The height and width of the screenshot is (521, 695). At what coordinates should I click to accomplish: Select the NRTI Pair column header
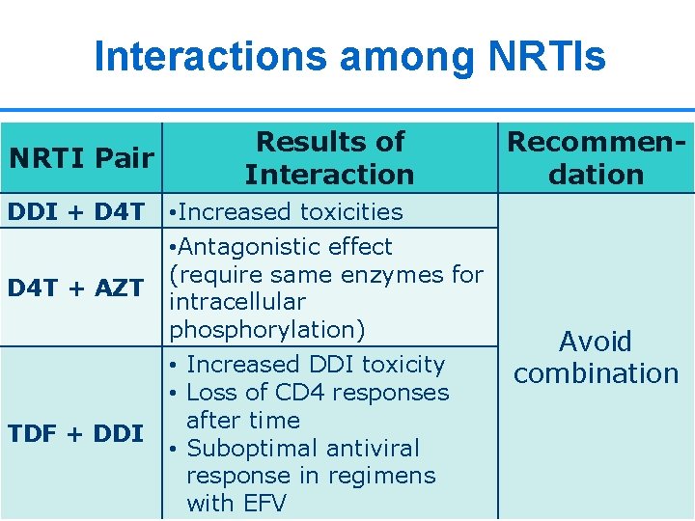[81, 157]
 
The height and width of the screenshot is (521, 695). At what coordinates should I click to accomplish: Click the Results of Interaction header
[329, 157]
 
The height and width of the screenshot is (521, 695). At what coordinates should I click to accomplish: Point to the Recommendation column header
[597, 157]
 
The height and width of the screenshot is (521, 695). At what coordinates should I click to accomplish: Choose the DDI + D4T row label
[76, 211]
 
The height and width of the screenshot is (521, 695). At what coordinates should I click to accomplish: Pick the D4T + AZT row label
[76, 288]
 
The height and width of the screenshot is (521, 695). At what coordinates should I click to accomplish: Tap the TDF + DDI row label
[76, 433]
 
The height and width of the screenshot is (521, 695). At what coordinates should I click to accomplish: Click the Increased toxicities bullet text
[286, 211]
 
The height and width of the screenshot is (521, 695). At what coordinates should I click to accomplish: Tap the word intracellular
[237, 301]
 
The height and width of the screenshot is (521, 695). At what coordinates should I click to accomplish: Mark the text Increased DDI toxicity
[315, 365]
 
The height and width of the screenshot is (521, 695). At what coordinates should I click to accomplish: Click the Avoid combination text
[597, 357]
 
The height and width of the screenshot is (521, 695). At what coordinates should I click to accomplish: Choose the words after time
[243, 421]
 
